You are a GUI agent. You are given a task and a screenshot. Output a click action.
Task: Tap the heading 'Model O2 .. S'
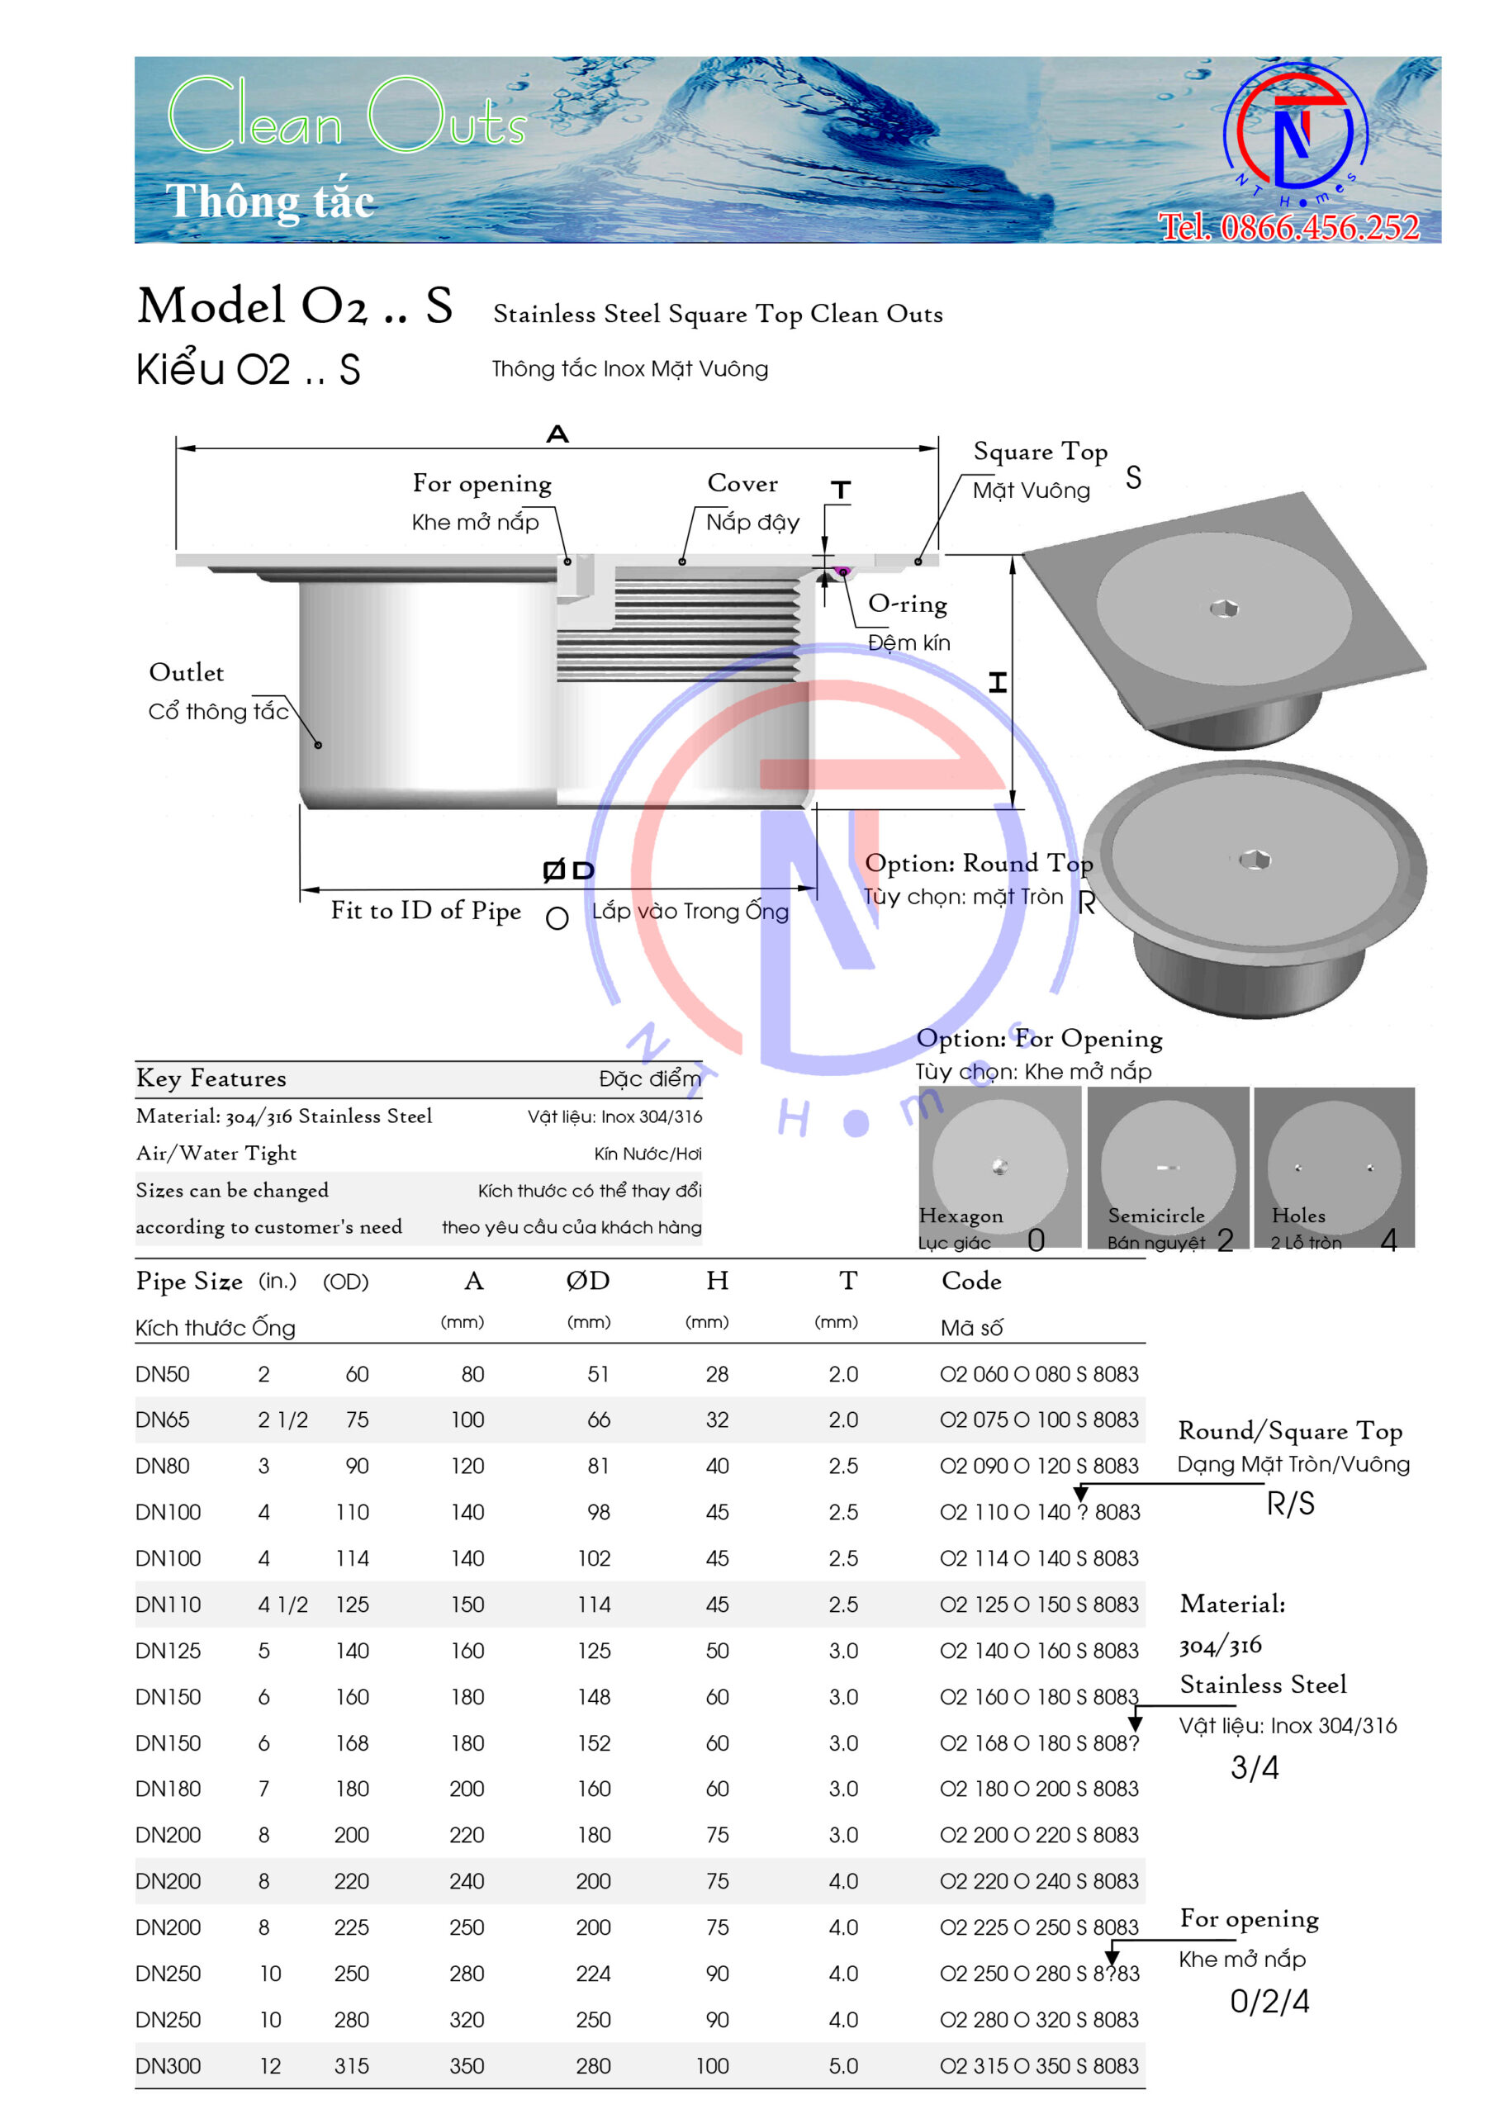click(296, 305)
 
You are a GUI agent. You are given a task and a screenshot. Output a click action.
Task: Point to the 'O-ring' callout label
click(908, 604)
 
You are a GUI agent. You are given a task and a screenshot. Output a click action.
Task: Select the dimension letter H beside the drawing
click(998, 682)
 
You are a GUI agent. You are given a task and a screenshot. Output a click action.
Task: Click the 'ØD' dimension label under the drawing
click(568, 870)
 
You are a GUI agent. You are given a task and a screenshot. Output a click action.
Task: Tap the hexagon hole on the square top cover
click(1224, 608)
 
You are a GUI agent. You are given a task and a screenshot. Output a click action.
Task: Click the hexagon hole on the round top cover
click(1255, 859)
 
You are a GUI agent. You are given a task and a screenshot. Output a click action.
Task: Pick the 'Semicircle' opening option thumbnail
click(1168, 1168)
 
